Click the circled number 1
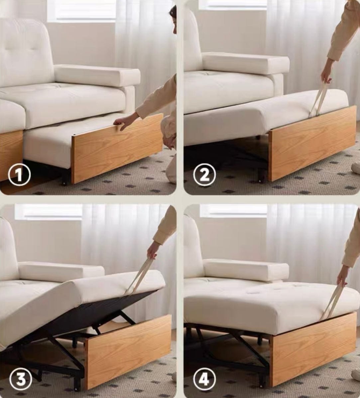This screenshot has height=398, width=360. (x=19, y=175)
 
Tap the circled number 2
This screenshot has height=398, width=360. (x=204, y=175)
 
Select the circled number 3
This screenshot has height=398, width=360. (x=21, y=378)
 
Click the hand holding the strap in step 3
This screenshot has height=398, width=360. (x=154, y=250)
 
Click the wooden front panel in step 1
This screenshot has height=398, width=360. (x=116, y=148)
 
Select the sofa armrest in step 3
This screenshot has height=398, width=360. (x=61, y=271)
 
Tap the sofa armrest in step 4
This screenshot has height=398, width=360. (x=246, y=270)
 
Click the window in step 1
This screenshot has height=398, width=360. (x=81, y=10)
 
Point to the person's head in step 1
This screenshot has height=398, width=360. (x=173, y=18)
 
